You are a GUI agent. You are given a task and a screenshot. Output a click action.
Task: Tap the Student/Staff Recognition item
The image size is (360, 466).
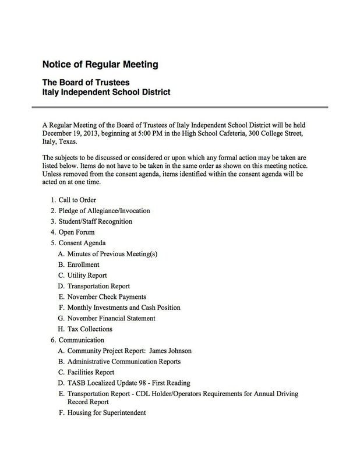[95, 221]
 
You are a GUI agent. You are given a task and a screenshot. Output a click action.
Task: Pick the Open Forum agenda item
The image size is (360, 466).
[76, 232]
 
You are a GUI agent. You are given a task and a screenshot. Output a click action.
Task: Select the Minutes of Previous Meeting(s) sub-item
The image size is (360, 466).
[112, 253]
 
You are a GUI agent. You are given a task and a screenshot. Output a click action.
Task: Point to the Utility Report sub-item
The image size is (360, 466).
[87, 275]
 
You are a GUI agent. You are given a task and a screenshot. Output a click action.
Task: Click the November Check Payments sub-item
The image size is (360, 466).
[107, 296]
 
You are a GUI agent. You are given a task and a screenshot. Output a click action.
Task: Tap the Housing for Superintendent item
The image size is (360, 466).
[106, 413]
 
